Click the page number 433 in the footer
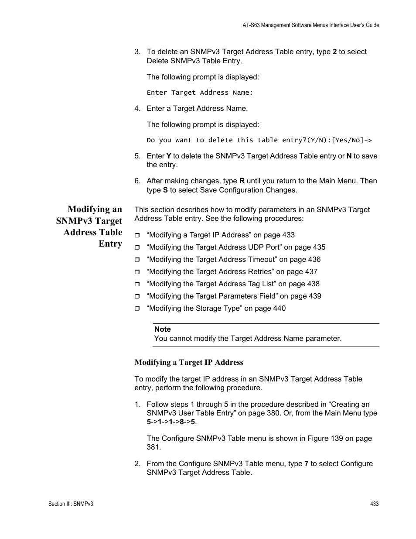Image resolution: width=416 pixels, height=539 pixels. [x=374, y=504]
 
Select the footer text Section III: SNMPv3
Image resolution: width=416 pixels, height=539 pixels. [x=71, y=504]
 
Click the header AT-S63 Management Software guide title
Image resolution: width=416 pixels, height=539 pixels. [x=310, y=25]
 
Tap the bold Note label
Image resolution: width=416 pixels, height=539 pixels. [x=162, y=330]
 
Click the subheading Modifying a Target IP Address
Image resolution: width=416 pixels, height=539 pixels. [x=189, y=362]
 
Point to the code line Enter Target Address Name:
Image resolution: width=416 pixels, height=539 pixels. [x=200, y=93]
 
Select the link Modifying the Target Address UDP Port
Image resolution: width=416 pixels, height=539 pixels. [x=236, y=247]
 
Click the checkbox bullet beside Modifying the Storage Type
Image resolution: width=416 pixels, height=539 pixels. [x=137, y=309]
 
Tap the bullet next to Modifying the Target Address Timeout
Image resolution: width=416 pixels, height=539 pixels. [x=137, y=260]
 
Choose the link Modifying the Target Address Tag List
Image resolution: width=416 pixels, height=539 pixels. [x=233, y=284]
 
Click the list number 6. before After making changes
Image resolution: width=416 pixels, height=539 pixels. [x=137, y=181]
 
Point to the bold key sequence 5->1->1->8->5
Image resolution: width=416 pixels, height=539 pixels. [x=171, y=422]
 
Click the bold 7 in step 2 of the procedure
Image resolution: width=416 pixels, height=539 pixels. [x=306, y=463]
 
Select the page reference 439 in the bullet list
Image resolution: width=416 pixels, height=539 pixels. [x=315, y=296]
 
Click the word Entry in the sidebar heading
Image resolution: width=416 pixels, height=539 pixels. [x=110, y=244]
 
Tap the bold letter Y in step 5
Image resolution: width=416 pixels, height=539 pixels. [x=168, y=156]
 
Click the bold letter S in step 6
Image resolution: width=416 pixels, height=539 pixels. [x=165, y=190]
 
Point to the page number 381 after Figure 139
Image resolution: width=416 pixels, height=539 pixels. [x=153, y=447]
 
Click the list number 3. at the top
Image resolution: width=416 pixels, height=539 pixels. [x=137, y=51]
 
